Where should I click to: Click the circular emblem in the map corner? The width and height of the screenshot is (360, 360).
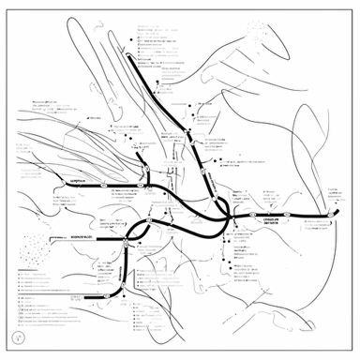[x=16, y=337]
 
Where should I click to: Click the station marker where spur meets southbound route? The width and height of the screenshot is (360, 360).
[x=125, y=242]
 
